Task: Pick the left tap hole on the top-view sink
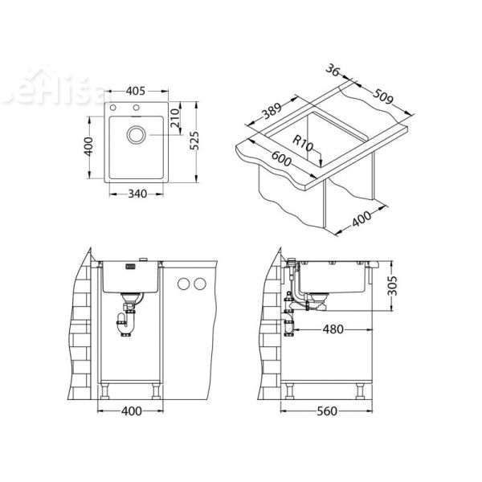(115, 109)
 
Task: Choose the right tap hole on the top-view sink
(137, 109)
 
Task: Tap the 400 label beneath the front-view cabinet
(133, 412)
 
